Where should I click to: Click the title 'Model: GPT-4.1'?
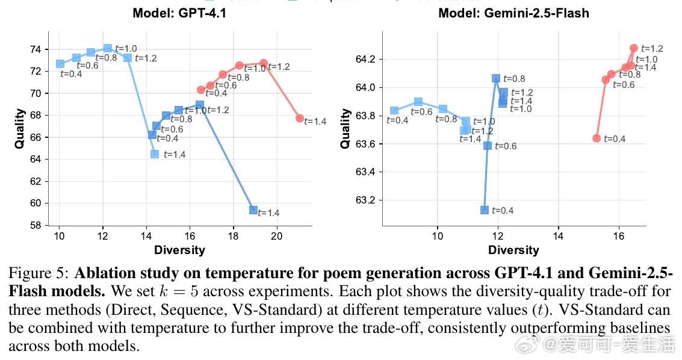click(x=179, y=13)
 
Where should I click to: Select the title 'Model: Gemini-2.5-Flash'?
click(x=513, y=13)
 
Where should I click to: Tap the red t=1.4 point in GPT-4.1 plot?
click(x=300, y=118)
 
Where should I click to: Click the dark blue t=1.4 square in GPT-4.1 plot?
click(x=253, y=210)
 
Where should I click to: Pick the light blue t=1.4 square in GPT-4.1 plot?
click(x=155, y=154)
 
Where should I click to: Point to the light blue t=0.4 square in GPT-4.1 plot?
click(x=60, y=63)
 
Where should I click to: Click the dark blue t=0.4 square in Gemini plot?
click(x=485, y=210)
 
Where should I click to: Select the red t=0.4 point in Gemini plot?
click(x=597, y=138)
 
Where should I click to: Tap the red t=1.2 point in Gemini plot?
click(x=634, y=48)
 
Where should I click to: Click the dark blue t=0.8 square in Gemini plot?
click(x=496, y=78)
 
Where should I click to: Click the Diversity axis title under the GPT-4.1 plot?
click(x=179, y=249)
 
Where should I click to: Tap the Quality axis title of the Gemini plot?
click(x=346, y=128)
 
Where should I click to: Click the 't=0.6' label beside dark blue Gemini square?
click(x=506, y=146)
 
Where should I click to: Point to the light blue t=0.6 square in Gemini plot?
click(x=418, y=102)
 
